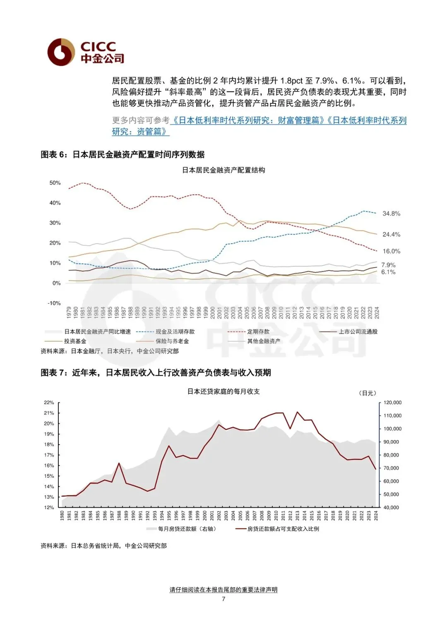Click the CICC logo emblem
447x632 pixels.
[61, 52]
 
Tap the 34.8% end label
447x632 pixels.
[391, 214]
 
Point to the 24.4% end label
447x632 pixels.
[391, 235]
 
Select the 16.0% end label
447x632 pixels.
[391, 251]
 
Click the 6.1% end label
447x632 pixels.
[388, 272]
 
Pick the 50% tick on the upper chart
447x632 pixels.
[55, 183]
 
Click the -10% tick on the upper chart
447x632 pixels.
[54, 303]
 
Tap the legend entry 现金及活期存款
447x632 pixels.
[175, 332]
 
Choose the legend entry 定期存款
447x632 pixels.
[258, 332]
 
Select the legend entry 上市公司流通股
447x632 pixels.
[358, 332]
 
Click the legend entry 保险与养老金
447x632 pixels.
[172, 341]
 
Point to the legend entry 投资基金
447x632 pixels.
[75, 341]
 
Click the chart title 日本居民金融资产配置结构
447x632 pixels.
[223, 170]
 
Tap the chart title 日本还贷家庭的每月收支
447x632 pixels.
[223, 392]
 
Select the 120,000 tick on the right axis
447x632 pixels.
[392, 402]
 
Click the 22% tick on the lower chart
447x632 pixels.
[49, 402]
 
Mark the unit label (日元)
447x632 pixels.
[367, 393]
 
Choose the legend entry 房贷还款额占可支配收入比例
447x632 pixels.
[283, 529]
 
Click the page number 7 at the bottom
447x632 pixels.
[223, 599]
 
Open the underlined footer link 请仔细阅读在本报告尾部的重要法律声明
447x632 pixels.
[223, 590]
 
